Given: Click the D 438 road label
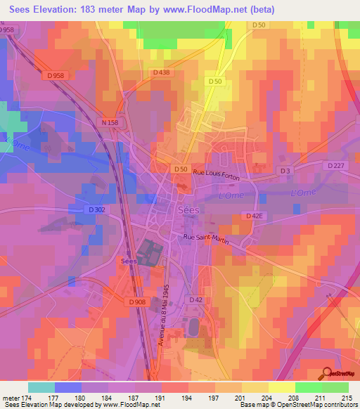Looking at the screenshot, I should pyautogui.click(x=160, y=72).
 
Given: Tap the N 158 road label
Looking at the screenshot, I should pyautogui.click(x=108, y=122).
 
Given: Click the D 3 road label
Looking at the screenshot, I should pyautogui.click(x=285, y=171).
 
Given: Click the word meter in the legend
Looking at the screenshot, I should pyautogui.click(x=10, y=396).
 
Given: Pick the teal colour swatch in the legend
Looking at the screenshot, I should pyautogui.click(x=41, y=387).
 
